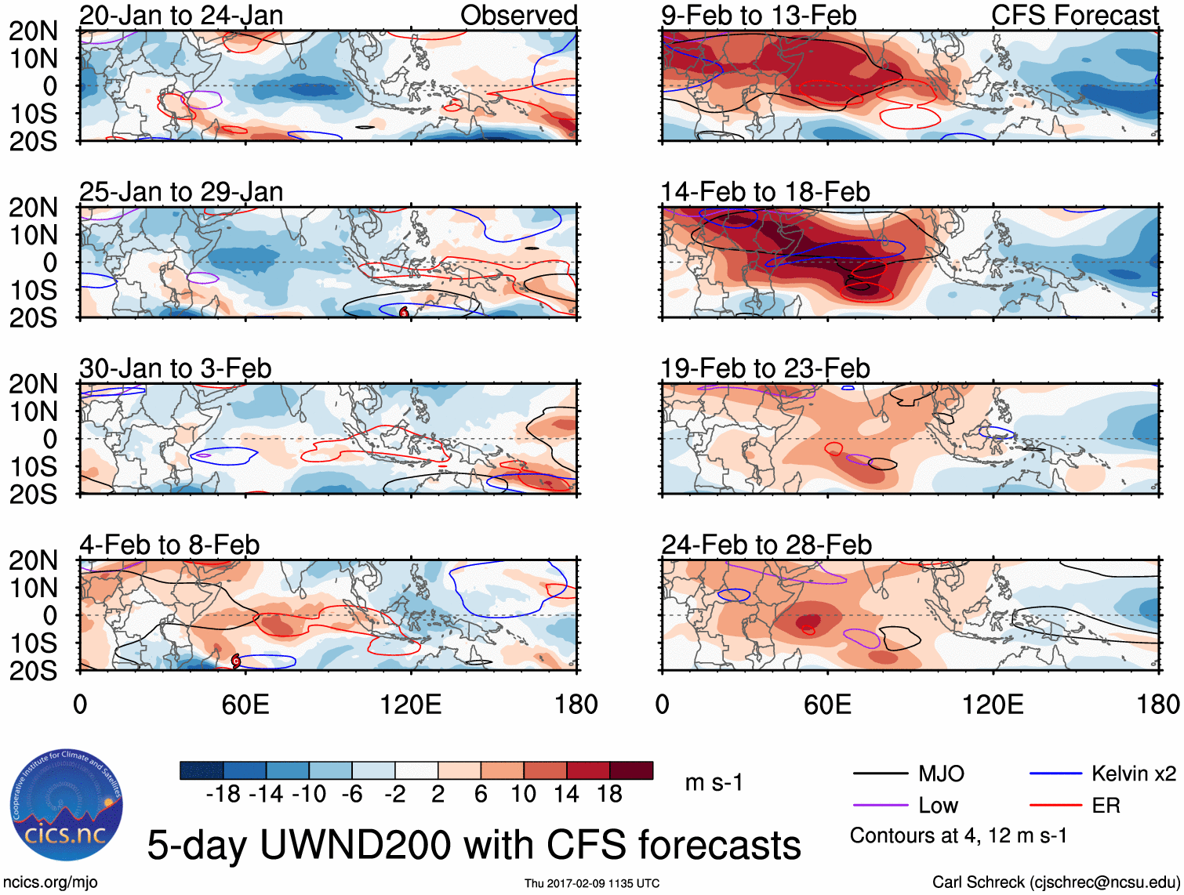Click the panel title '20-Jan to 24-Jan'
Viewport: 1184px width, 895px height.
(x=181, y=15)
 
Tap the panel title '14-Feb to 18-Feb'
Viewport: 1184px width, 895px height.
(x=765, y=192)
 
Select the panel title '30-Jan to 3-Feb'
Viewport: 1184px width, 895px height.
(x=176, y=368)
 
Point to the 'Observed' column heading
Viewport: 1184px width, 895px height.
(x=518, y=15)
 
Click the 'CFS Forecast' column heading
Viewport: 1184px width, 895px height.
(x=1075, y=15)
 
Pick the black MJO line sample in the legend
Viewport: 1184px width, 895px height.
(x=881, y=774)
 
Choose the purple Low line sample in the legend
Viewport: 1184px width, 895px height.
(x=881, y=806)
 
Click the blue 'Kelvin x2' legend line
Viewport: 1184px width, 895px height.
(x=1055, y=774)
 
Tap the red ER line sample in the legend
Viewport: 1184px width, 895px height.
(x=1055, y=806)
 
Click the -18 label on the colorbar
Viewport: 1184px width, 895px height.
(x=223, y=795)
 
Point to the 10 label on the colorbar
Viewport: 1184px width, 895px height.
(x=524, y=795)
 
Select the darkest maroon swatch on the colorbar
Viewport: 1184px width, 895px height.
(x=631, y=770)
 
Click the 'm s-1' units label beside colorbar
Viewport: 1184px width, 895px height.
(x=714, y=783)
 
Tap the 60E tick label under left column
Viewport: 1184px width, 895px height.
(x=245, y=705)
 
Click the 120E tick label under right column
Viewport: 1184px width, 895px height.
(x=993, y=705)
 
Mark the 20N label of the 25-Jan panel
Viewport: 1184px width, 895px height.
(x=34, y=208)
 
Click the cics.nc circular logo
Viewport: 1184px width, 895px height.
(x=67, y=805)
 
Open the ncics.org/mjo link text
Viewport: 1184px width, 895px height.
(x=50, y=882)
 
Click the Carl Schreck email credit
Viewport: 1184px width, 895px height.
(x=1055, y=882)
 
